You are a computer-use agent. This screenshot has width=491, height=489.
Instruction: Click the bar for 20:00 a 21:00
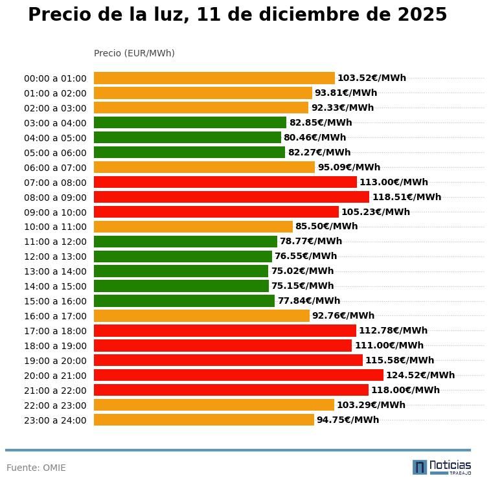coord(238,375)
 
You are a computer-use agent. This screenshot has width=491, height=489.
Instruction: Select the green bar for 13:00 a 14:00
coord(181,271)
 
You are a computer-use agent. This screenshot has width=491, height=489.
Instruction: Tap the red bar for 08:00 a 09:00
coord(231,197)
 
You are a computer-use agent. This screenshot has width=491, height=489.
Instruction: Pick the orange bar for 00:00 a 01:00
coord(214,78)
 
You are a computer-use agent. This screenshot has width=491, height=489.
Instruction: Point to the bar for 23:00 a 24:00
coord(203,420)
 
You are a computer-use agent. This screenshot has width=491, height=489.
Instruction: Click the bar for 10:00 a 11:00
coord(193,227)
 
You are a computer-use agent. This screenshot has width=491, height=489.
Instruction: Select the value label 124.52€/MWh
coord(420,375)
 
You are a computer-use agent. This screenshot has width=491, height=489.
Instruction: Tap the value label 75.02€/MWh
coord(303,271)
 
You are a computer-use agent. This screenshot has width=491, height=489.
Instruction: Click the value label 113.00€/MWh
coord(394,183)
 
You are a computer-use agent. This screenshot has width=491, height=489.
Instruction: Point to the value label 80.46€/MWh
coord(315,138)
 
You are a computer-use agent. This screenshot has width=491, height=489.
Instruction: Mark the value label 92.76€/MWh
coord(343,316)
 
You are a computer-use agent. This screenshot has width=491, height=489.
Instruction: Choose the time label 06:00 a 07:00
coord(55,168)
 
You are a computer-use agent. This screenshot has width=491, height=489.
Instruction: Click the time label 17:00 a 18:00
coord(55,331)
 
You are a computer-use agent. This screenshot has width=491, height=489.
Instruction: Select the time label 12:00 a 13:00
coord(55,256)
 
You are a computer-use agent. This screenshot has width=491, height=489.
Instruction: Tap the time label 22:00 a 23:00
coord(55,405)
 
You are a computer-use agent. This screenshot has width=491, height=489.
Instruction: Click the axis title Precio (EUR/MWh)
coord(134,53)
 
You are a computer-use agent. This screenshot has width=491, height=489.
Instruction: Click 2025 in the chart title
coord(420,15)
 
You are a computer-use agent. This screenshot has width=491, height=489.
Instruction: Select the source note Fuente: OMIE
coord(36,468)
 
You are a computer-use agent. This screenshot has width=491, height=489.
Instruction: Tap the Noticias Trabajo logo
coord(442,467)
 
